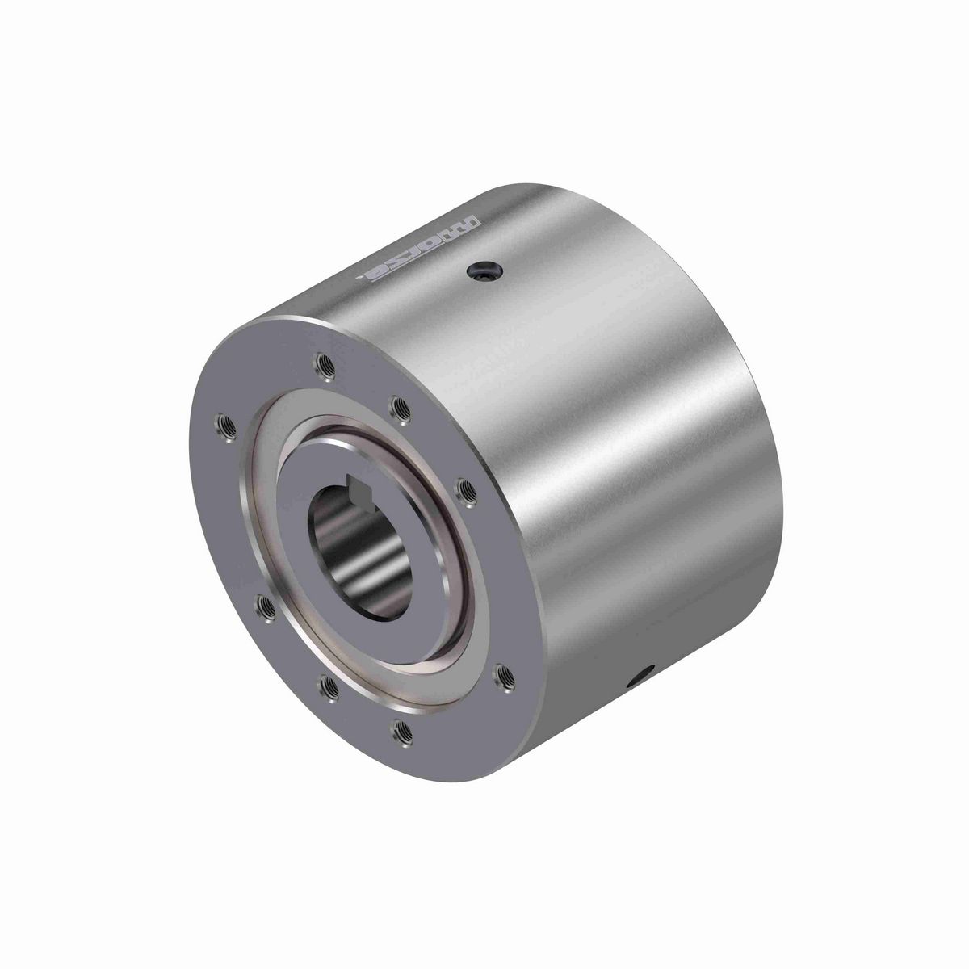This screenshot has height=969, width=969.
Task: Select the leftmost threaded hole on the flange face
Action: tap(222, 423)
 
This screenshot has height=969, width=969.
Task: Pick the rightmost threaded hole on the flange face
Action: tap(501, 673)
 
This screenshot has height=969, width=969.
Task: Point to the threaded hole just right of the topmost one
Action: tap(399, 406)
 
